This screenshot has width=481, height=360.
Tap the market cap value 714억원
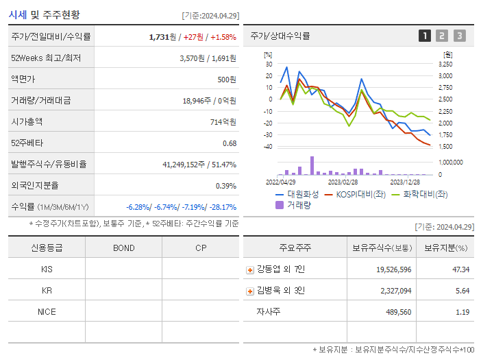223,121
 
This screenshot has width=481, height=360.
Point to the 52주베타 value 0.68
229,143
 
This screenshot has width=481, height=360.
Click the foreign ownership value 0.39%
225,185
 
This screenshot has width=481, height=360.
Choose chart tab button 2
442,36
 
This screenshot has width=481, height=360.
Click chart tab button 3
459,36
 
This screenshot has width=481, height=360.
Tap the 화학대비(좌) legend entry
419,194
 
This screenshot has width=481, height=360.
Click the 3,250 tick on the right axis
445,64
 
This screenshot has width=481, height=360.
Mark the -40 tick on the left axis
269,147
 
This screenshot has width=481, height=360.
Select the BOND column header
123,248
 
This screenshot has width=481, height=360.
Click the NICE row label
47,311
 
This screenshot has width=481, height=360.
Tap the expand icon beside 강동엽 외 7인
250,269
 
